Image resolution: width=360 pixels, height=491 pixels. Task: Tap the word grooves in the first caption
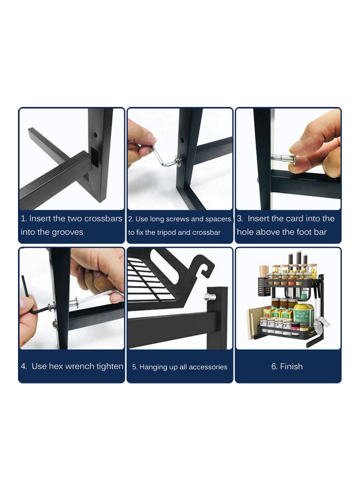point(68,232)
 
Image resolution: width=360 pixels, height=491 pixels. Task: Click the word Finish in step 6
point(291,367)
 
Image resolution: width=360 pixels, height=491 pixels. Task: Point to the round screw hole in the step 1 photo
point(95,135)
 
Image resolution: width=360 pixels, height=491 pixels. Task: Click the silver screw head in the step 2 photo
point(178,161)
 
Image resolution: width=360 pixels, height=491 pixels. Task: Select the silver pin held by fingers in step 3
point(283,158)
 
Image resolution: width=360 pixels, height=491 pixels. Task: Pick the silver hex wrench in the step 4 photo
point(95,297)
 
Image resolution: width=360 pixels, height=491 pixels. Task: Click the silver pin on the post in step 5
point(209,296)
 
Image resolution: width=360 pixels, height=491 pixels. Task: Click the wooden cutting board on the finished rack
point(253,324)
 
